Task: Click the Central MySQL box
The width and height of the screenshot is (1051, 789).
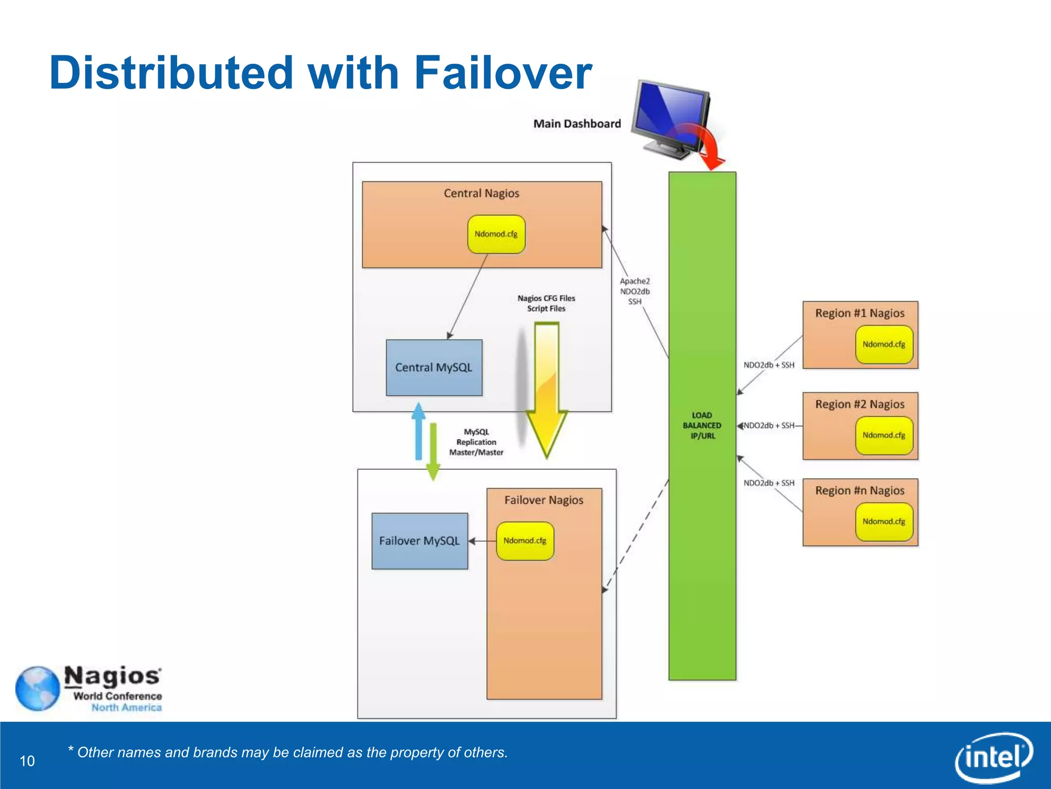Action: point(434,367)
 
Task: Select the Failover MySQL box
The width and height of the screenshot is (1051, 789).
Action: point(419,540)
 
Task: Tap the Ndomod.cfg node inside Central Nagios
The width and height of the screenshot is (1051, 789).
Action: point(496,234)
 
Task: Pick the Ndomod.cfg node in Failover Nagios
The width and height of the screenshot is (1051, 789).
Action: point(524,541)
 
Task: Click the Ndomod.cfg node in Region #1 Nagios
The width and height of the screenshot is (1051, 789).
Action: point(884,344)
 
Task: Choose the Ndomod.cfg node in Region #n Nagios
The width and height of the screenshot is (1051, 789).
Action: point(884,521)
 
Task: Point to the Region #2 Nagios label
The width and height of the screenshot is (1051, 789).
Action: point(860,404)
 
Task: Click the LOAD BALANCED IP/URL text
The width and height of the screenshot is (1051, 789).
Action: point(702,425)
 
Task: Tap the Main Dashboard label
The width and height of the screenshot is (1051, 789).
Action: point(577,124)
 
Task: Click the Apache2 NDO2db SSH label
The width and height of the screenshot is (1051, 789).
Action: point(634,291)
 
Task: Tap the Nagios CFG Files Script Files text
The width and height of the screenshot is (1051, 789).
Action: point(546,303)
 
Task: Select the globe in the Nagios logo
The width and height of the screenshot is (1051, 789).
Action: point(37,688)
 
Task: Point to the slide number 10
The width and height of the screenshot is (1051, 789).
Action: point(27,761)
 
